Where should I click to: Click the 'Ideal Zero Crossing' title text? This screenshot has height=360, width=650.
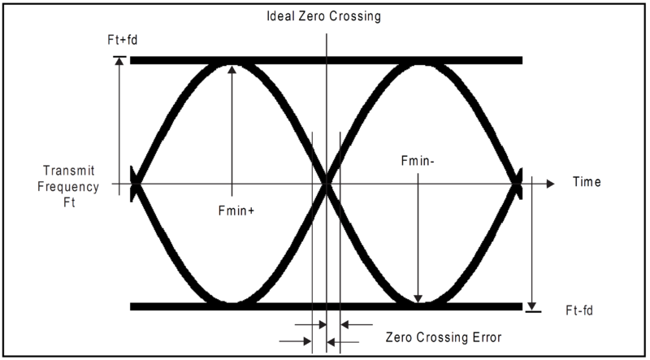323,16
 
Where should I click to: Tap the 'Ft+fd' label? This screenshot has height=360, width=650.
123,41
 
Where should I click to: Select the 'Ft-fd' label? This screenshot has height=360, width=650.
579,310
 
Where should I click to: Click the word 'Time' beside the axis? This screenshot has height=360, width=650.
587,182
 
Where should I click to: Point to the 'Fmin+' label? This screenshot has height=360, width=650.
236,210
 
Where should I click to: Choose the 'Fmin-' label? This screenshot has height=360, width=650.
418,161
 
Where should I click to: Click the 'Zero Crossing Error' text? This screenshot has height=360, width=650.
444,336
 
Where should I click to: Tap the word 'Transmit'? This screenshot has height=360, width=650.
69,171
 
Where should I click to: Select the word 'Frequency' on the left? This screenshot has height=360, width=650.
68,187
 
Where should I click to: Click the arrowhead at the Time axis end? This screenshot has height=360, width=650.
551,184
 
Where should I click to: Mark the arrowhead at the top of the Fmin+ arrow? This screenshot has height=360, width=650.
232,69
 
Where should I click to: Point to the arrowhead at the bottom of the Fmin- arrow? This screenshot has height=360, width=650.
418,298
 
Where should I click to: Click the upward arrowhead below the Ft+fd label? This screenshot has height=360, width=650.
119,61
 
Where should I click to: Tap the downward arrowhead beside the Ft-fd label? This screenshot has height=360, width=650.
532,306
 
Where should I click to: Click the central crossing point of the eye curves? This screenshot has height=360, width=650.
327,184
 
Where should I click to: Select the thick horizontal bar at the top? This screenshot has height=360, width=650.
327,61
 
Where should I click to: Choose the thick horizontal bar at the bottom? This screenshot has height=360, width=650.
327,306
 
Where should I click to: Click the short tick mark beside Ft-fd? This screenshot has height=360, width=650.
533,311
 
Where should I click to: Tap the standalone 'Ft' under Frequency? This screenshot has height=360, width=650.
69,203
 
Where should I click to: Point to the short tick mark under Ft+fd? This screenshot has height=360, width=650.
119,56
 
